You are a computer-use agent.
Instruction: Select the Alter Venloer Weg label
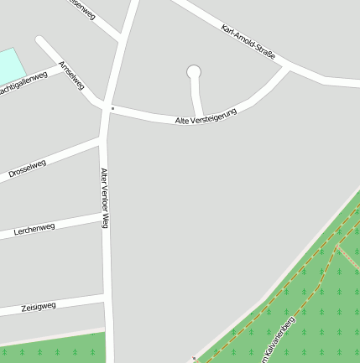[105, 198]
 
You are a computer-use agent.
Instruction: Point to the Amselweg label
[71, 75]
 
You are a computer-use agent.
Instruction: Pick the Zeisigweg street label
[38, 307]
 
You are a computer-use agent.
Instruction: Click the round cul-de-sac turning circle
[194, 72]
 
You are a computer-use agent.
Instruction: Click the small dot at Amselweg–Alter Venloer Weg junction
[112, 108]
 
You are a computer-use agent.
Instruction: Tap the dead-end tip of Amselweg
[39, 39]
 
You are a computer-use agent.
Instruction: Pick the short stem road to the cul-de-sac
[196, 97]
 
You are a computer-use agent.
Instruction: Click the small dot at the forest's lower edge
[193, 359]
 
